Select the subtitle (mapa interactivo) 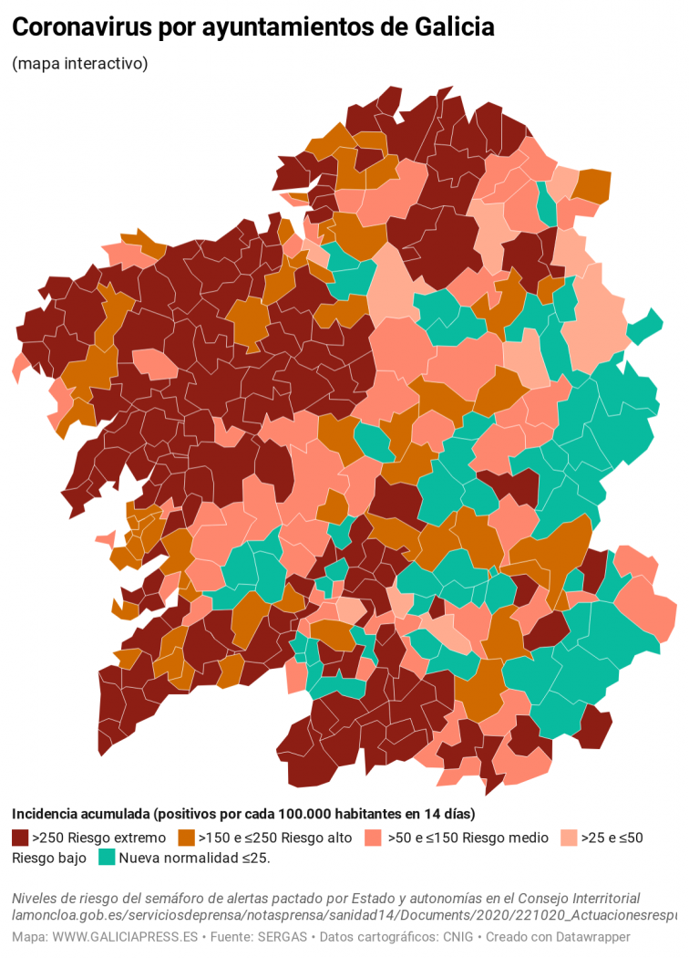tap(79, 64)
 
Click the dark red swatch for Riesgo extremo tap(20, 837)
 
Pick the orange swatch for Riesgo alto tap(187, 837)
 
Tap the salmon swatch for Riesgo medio tap(372, 837)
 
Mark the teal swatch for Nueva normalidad tap(107, 858)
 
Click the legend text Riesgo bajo tap(49, 858)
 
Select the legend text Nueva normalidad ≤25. tap(194, 858)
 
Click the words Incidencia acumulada tap(79, 814)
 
